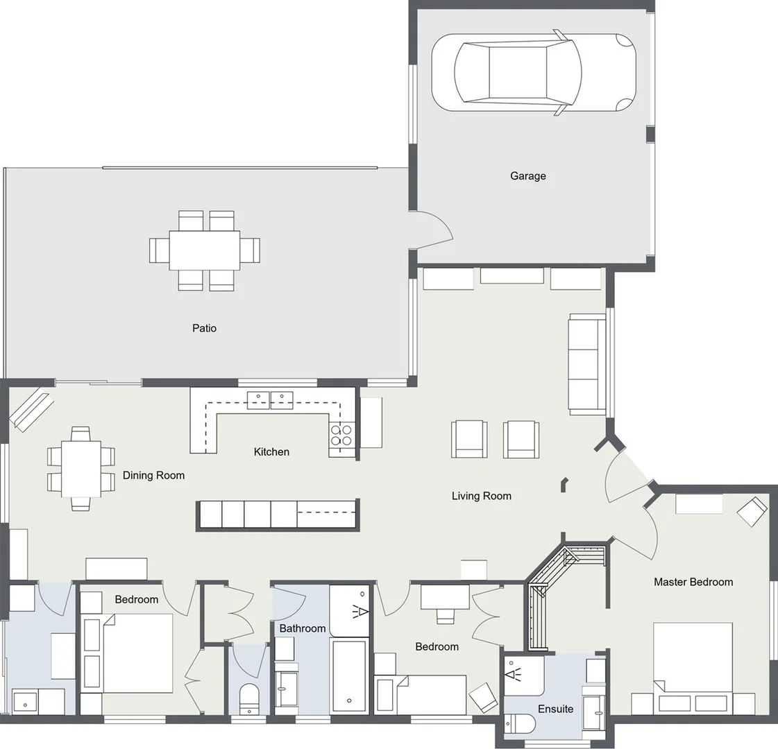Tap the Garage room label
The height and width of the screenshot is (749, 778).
tap(527, 176)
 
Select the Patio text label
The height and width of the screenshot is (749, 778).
tap(204, 328)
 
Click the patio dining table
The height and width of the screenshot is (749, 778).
tap(205, 250)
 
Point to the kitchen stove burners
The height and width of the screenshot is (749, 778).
tap(341, 435)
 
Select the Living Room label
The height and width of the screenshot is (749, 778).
tap(481, 496)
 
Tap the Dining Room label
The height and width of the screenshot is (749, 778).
tap(153, 475)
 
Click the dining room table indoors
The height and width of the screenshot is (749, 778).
tap(81, 469)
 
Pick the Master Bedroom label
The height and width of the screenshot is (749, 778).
tap(693, 582)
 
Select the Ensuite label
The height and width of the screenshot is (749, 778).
tap(555, 709)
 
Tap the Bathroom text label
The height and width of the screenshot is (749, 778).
tap(302, 628)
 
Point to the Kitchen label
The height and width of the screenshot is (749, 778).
tap(271, 452)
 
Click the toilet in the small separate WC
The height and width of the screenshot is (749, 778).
tap(248, 698)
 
